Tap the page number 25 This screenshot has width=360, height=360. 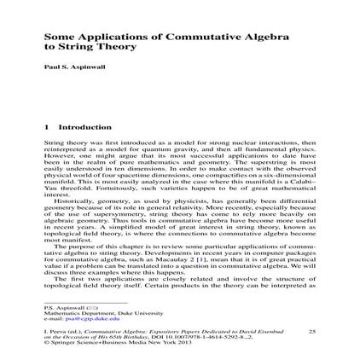[311, 329]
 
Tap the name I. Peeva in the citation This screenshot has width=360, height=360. [53, 329]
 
